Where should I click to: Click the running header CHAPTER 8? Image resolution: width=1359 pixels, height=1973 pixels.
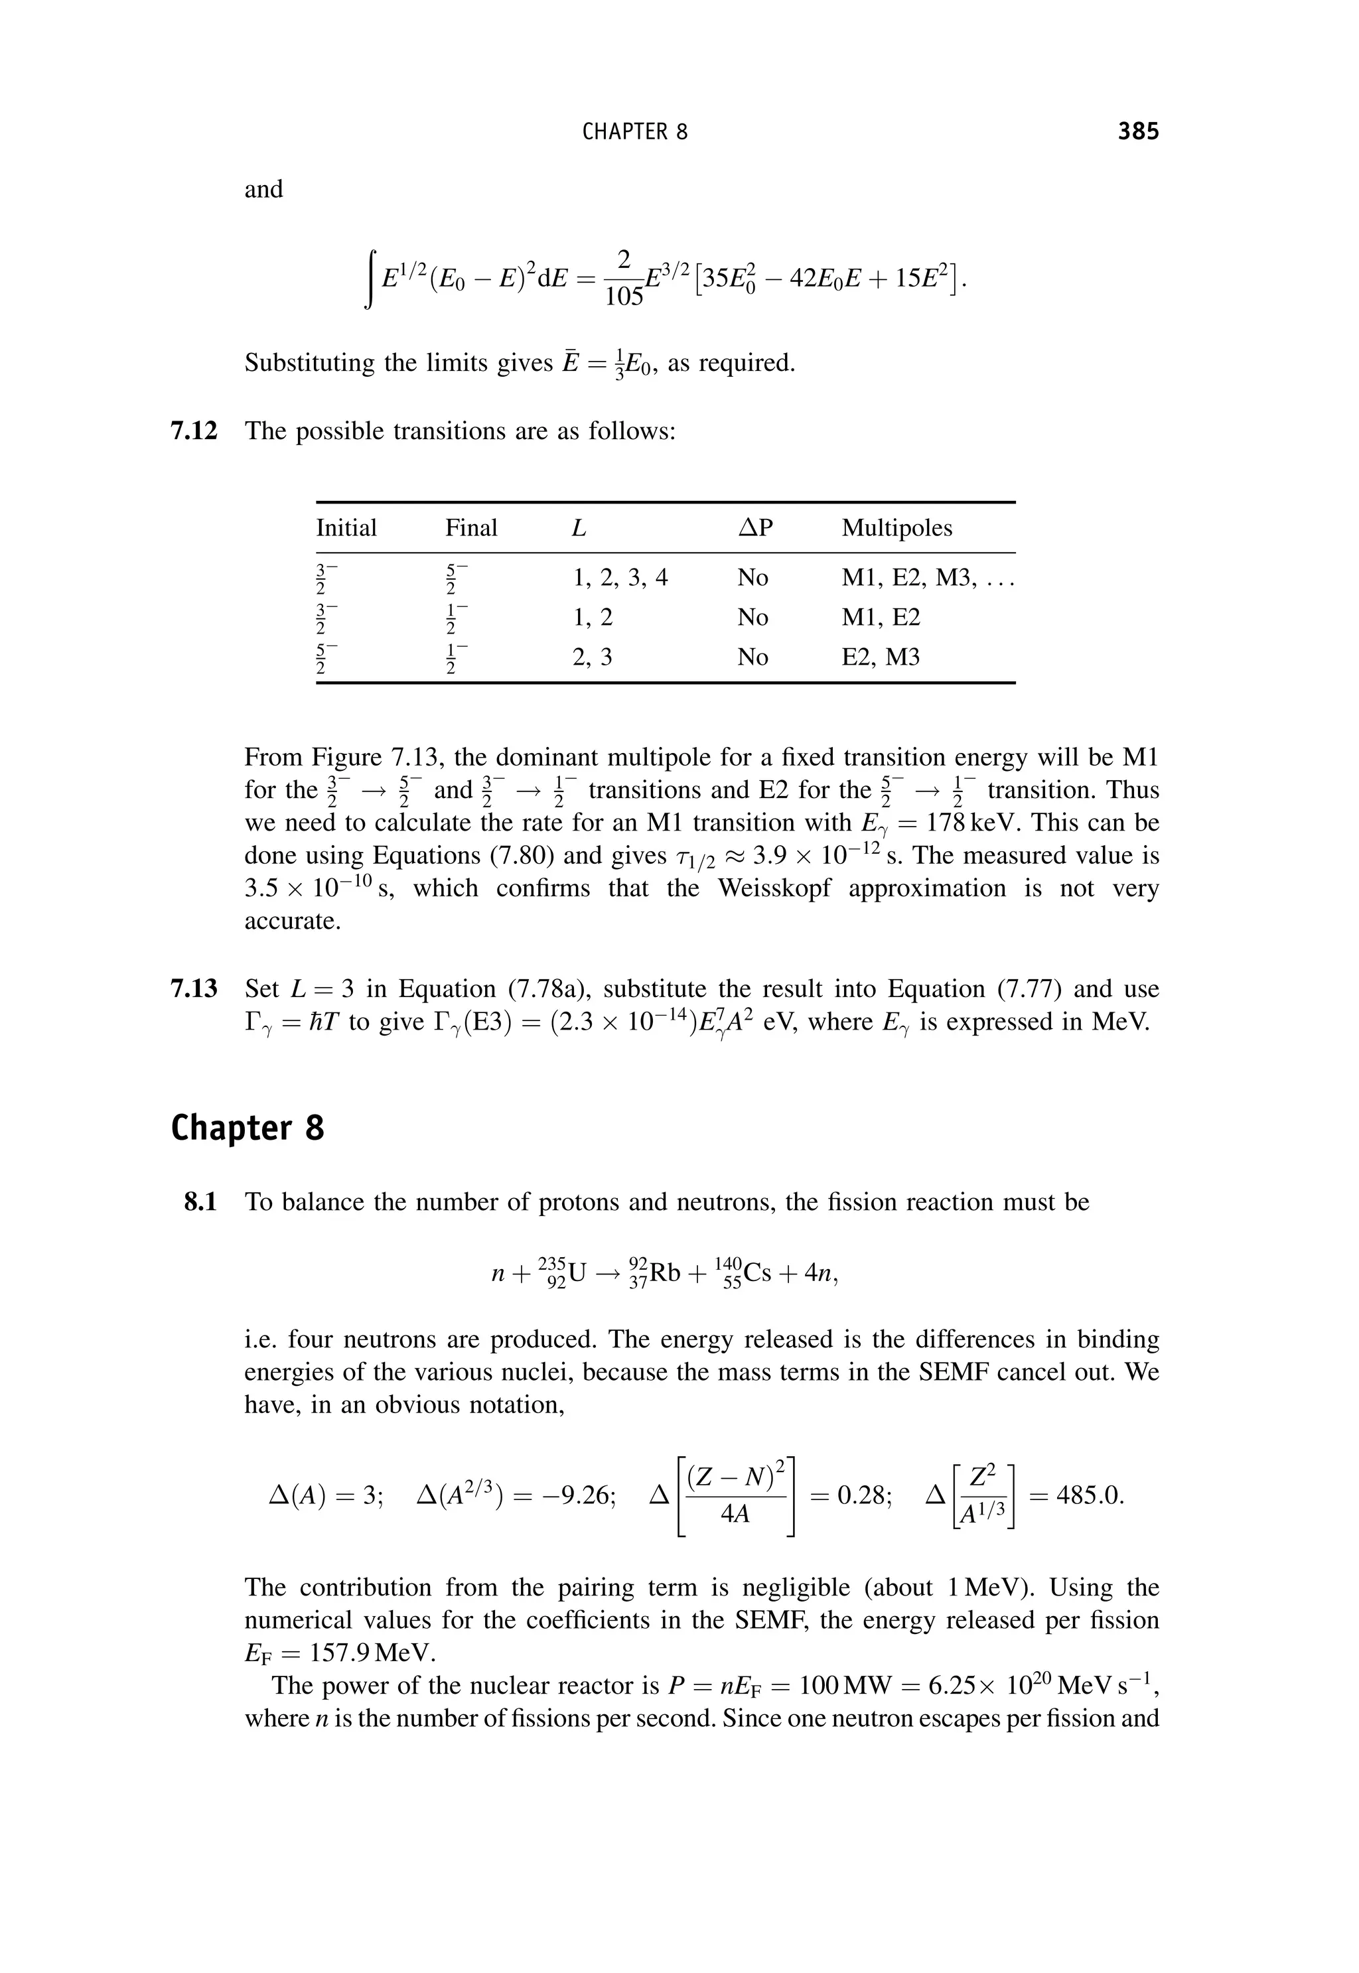pyautogui.click(x=634, y=132)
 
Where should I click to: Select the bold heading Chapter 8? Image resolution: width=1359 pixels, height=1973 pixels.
pyautogui.click(x=247, y=1128)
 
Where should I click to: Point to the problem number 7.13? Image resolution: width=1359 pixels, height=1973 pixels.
pyautogui.click(x=194, y=989)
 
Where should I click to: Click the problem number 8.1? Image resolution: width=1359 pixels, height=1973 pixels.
pyautogui.click(x=201, y=1202)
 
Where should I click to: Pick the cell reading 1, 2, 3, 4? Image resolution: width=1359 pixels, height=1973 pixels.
pyautogui.click(x=620, y=578)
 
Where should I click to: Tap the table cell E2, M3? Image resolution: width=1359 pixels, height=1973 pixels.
pyautogui.click(x=881, y=657)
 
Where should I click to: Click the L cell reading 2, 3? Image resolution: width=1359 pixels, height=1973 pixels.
pyautogui.click(x=592, y=657)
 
